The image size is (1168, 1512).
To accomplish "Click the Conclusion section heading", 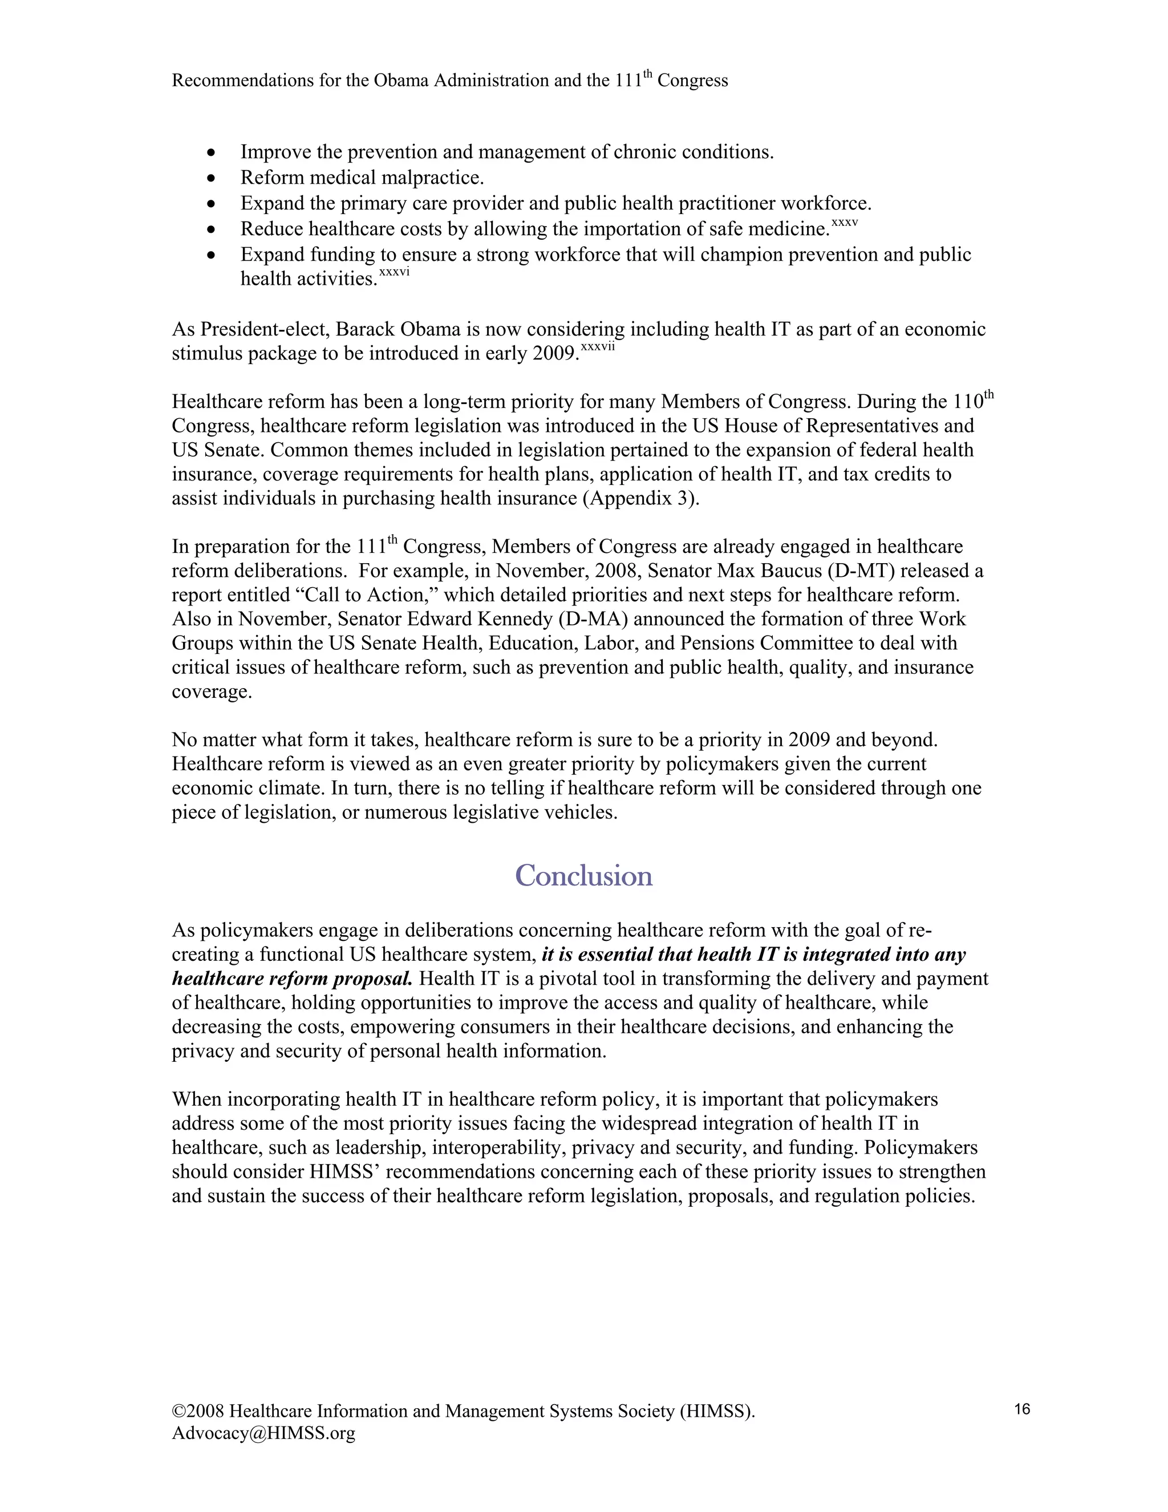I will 583,876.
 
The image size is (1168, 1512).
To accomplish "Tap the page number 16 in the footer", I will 1022,1409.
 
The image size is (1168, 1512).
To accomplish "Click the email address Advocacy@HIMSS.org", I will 263,1433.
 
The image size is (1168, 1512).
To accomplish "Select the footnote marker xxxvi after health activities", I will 395,272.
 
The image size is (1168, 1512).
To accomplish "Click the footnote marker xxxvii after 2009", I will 598,347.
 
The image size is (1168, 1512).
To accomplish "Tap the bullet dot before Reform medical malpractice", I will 212,179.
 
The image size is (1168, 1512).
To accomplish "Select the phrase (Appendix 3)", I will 640,499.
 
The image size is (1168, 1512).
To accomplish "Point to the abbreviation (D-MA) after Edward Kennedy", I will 597,619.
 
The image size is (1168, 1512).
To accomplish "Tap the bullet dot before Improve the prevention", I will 212,153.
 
